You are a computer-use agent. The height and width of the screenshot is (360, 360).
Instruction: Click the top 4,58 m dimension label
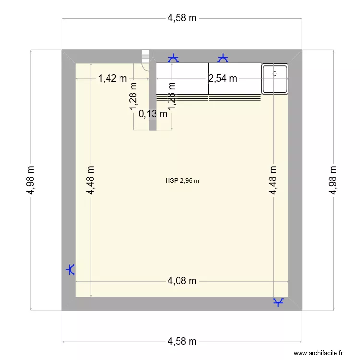click(x=182, y=19)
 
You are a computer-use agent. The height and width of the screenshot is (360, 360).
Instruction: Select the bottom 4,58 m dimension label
click(x=182, y=342)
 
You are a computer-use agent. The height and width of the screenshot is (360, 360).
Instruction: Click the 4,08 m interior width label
click(x=182, y=281)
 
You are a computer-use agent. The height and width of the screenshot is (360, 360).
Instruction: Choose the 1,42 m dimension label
click(x=112, y=78)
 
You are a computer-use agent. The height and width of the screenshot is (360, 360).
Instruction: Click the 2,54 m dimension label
click(x=223, y=78)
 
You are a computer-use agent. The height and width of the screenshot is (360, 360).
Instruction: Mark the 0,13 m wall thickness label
click(x=153, y=114)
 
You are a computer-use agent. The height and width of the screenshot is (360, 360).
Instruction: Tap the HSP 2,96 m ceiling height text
click(x=182, y=181)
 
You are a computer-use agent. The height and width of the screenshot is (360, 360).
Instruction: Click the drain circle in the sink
click(x=275, y=73)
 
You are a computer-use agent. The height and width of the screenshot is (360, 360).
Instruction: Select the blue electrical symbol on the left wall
click(x=71, y=270)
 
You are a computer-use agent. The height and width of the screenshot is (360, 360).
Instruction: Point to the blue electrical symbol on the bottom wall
click(x=278, y=302)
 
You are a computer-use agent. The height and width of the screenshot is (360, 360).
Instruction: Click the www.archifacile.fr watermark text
click(x=319, y=353)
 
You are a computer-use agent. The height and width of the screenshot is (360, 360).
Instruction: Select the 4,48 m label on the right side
click(x=273, y=180)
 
